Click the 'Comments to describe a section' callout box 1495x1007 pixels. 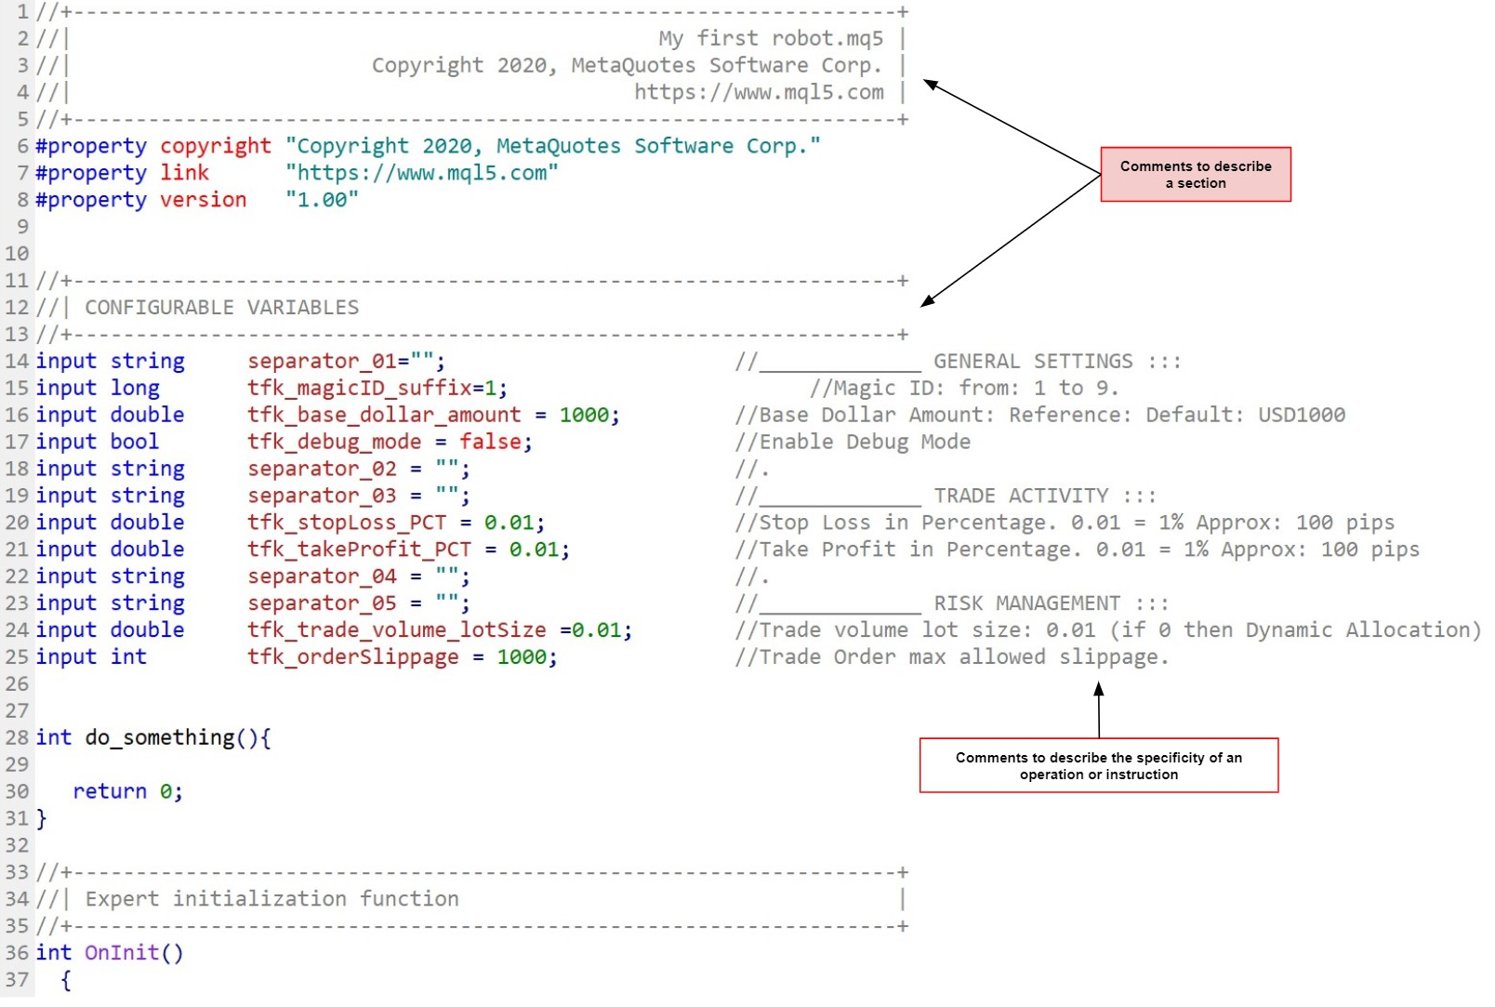[1195, 174]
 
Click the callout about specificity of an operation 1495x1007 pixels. [1098, 765]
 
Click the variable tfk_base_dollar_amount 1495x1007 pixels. [383, 415]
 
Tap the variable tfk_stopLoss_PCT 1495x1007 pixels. [346, 523]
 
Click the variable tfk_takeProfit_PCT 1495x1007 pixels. [359, 550]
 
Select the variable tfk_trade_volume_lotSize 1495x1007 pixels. [396, 630]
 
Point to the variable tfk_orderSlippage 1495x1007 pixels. [352, 657]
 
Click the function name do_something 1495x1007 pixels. [160, 738]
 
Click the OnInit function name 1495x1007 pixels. [122, 953]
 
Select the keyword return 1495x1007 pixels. [110, 792]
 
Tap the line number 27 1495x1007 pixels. [17, 711]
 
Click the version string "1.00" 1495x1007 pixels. [322, 200]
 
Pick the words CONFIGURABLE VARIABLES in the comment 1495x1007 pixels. [221, 308]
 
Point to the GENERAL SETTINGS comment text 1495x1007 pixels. [1033, 362]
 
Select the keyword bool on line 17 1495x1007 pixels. [135, 442]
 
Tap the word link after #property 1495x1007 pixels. [184, 173]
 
